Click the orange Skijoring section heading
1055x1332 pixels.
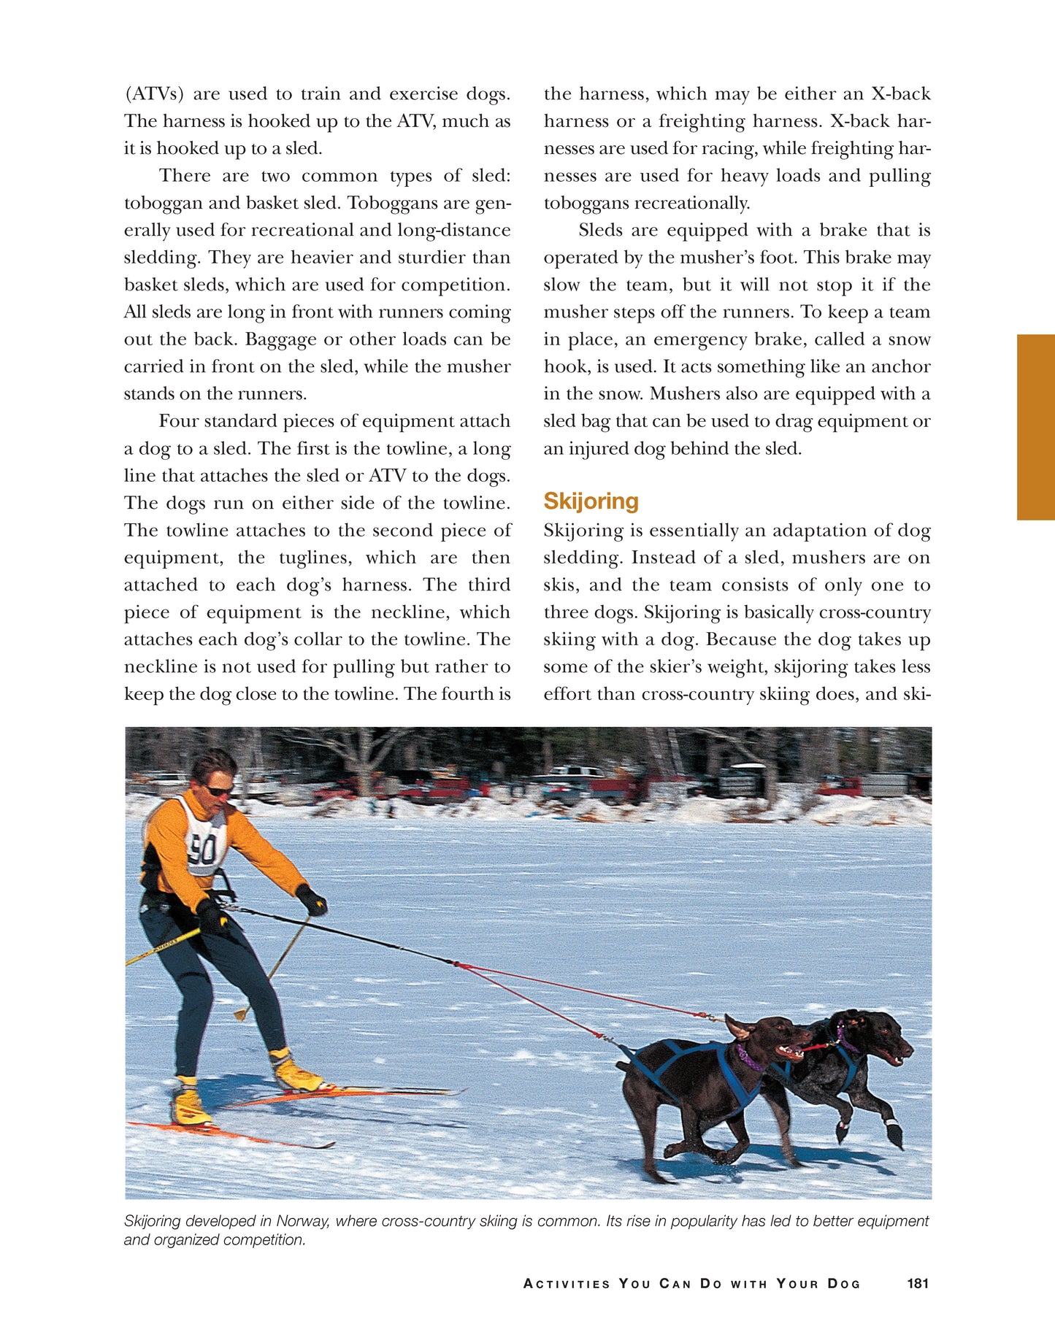coord(591,501)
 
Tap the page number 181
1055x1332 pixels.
coord(917,1283)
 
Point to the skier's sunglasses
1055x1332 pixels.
coord(218,790)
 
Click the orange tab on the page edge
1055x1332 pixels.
coord(1035,427)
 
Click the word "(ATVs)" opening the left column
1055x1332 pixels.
coord(154,94)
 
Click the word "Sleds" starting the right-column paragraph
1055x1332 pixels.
coord(603,231)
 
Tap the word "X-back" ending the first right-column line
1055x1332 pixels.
coord(901,94)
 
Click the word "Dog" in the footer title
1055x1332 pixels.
coord(844,1284)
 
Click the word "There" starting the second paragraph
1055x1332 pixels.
coord(185,176)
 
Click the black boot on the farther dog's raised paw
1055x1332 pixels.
coord(894,1135)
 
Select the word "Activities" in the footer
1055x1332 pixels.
coord(567,1284)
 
